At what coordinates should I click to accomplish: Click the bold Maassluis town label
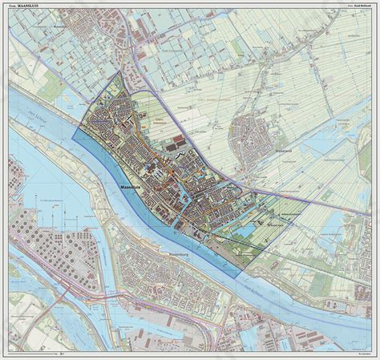click(130, 185)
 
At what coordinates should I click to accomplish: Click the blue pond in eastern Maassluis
click(245, 230)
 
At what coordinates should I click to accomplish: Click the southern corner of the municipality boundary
click(239, 277)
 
